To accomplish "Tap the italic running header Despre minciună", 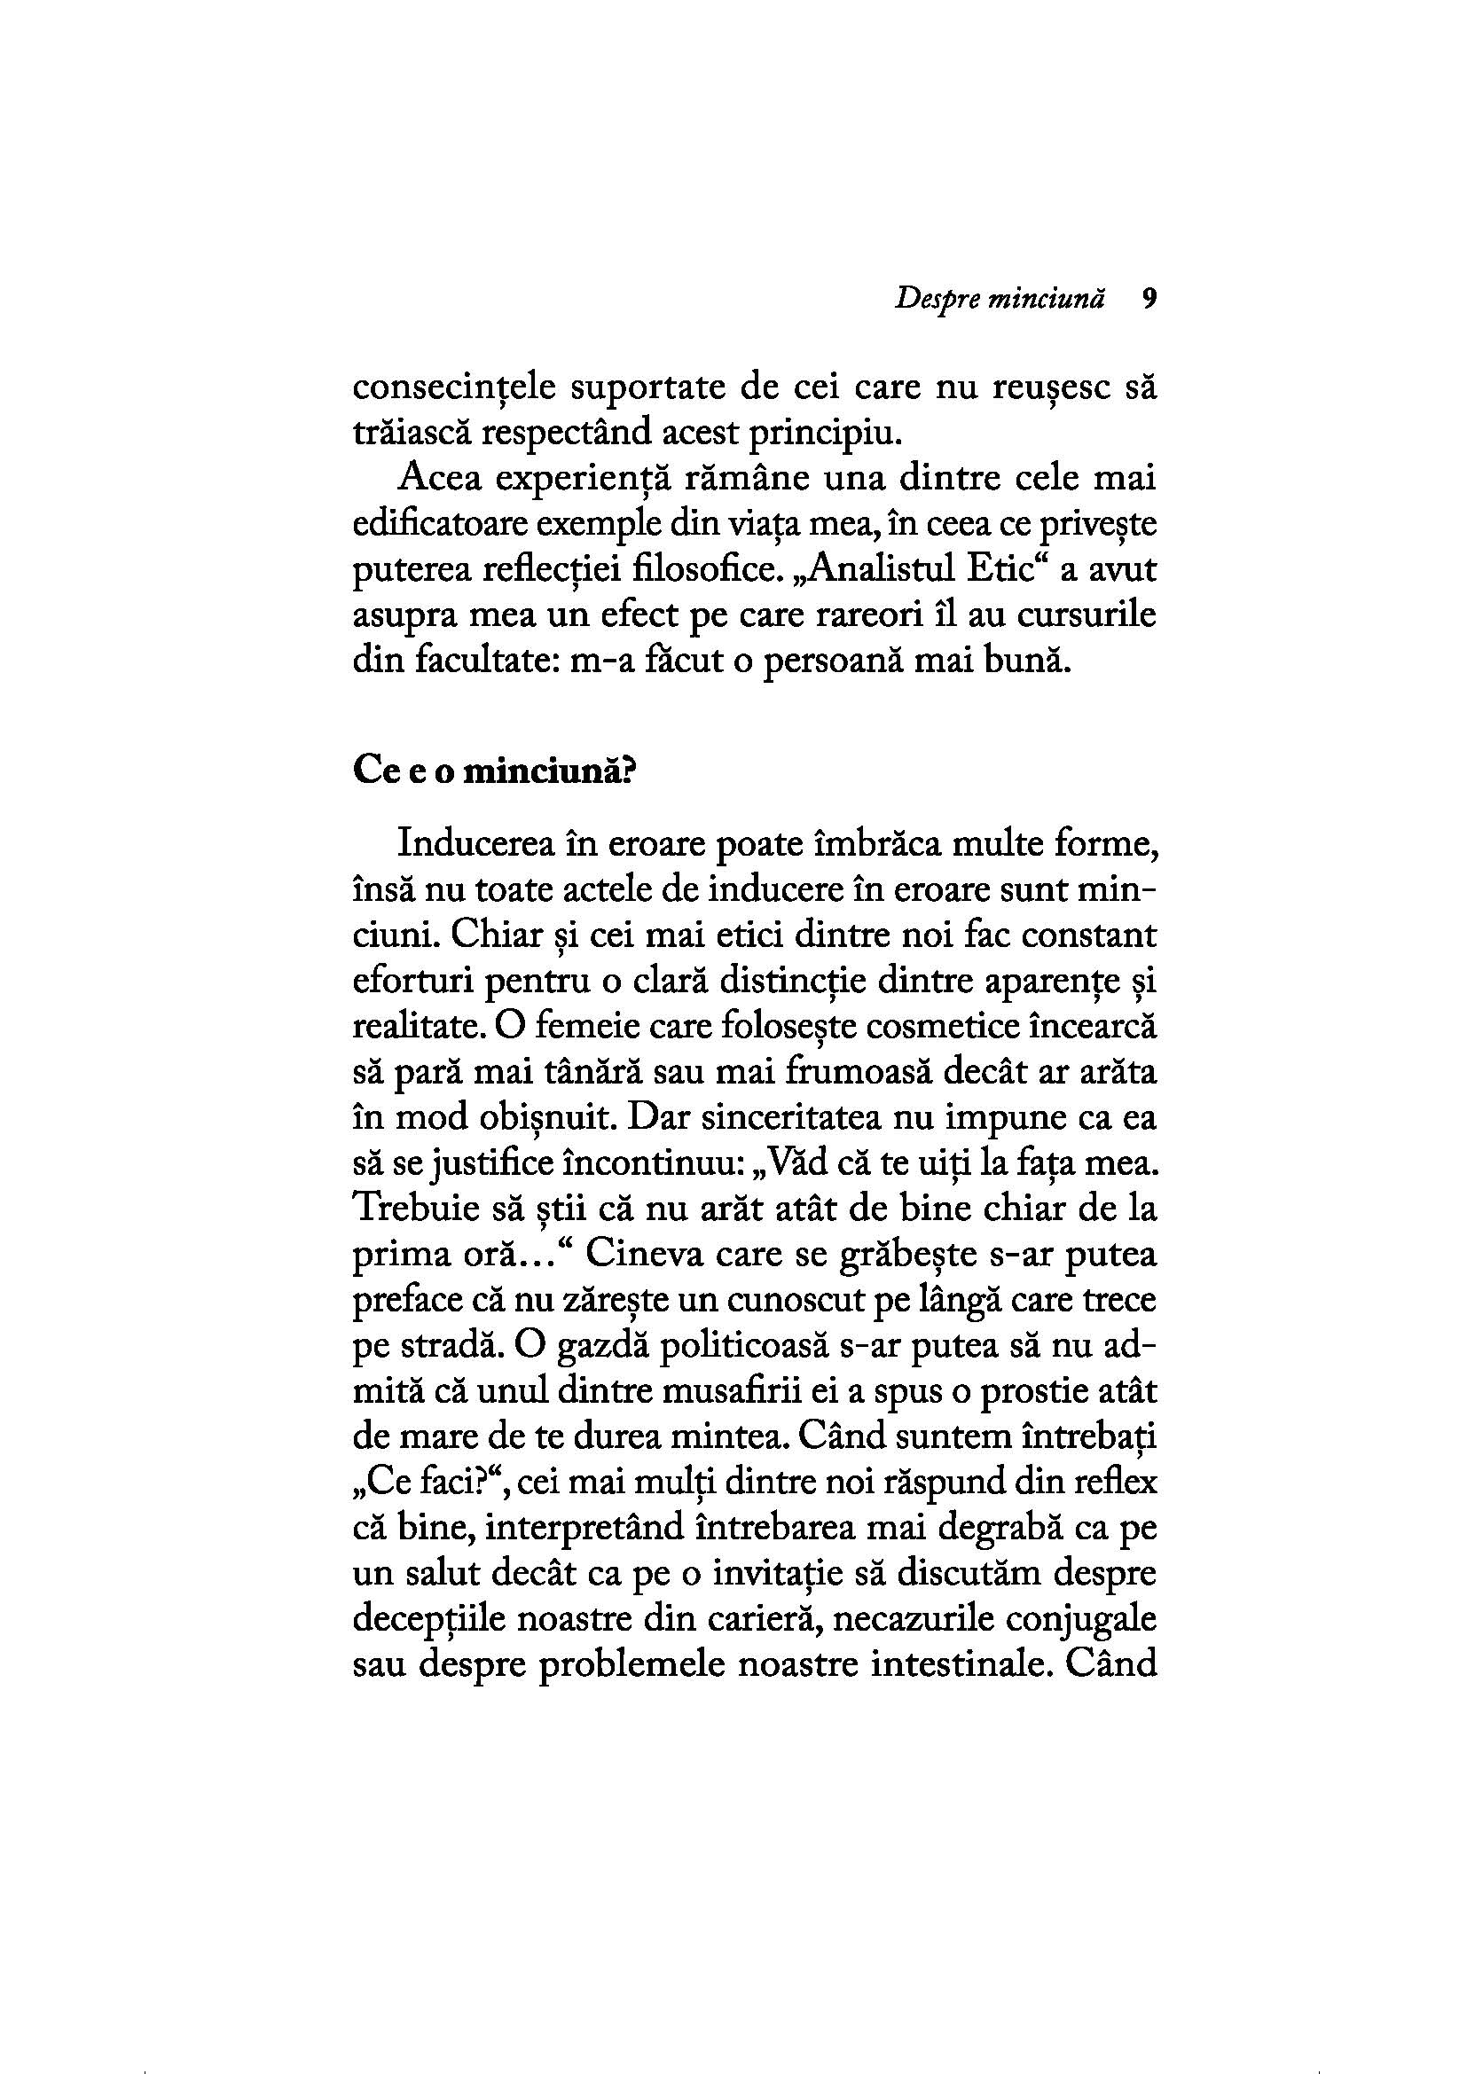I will pos(999,301).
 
